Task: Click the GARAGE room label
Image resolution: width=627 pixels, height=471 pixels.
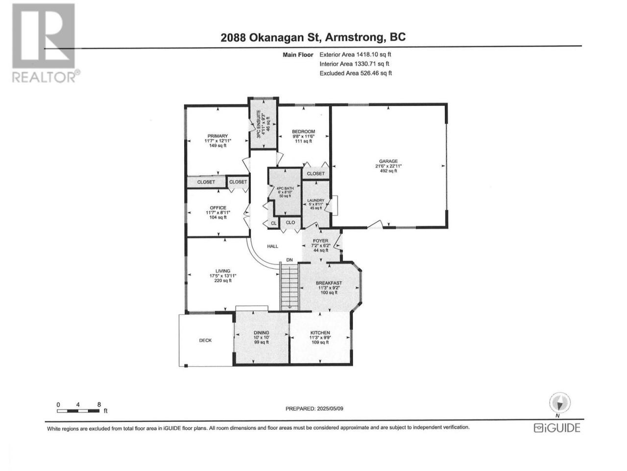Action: pos(388,161)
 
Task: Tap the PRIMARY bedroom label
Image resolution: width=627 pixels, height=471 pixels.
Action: pos(217,136)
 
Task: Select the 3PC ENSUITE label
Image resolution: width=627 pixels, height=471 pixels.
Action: pos(259,125)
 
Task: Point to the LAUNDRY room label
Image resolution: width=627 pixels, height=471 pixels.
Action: pos(316,201)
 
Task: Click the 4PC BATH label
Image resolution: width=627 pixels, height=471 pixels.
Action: pos(285,188)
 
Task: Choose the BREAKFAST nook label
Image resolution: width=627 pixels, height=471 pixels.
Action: pos(329,283)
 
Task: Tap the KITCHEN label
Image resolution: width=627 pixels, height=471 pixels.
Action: pos(320,333)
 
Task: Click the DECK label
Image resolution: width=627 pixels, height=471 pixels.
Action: pos(205,340)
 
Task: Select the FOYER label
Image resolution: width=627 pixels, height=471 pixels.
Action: pos(320,241)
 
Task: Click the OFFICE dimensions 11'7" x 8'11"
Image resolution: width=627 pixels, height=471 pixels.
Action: pos(218,212)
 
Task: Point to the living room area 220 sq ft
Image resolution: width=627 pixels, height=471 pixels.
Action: pos(223,281)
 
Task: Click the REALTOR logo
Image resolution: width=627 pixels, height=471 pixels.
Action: pos(46,43)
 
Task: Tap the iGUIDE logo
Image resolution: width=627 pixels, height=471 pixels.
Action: pos(557,428)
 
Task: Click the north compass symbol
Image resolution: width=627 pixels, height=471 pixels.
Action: pos(560,403)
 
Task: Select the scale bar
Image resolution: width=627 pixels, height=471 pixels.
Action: pos(78,411)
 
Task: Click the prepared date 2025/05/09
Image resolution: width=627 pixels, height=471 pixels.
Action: pos(330,409)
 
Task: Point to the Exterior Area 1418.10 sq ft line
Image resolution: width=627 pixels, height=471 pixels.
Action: pos(355,54)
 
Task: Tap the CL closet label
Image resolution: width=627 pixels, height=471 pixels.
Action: pos(274,223)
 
